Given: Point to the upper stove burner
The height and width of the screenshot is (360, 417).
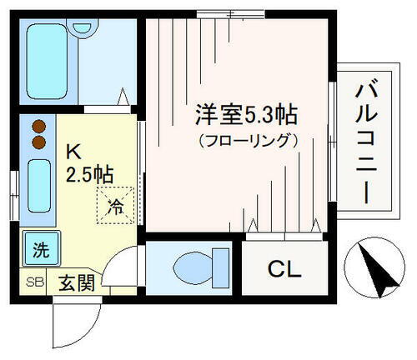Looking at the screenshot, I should click(x=38, y=127).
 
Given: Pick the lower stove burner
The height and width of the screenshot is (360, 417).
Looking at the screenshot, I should click(x=38, y=142).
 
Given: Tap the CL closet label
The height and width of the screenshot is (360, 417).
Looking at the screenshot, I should click(x=283, y=269).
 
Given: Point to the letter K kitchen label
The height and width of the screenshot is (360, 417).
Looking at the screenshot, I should click(x=73, y=153).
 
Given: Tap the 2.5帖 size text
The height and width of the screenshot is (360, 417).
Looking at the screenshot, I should click(x=91, y=175).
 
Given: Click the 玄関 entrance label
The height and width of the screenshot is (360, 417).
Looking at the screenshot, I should click(x=74, y=283).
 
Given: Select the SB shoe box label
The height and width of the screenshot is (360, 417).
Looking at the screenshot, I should click(x=35, y=282).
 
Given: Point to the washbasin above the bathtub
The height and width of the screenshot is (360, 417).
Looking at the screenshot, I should click(x=82, y=25).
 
